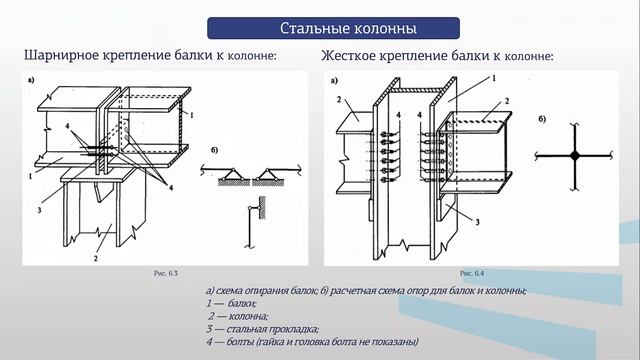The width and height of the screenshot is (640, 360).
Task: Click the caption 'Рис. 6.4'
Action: (x=472, y=272)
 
